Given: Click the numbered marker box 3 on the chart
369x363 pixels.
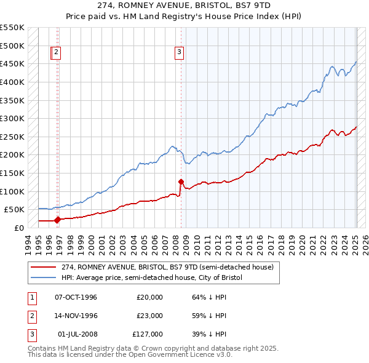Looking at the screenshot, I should pos(179,52).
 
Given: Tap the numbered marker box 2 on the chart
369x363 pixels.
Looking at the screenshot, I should pos(56,52).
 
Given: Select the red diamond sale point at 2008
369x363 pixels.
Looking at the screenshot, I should pos(181,181).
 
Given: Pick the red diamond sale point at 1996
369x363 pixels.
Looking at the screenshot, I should pos(57,219).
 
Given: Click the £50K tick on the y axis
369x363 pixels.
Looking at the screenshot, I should pos(15,209).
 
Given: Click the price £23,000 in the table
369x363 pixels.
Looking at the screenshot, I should pos(149,316).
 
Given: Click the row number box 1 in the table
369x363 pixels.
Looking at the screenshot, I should pos(31,297).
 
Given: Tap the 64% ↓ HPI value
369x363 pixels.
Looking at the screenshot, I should pos(210,297).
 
